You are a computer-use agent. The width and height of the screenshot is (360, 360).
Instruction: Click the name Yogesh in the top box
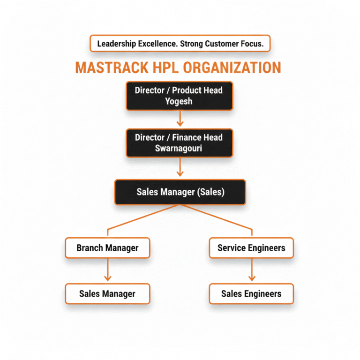click(x=179, y=101)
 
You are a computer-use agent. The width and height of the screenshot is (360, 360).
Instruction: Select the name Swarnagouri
click(x=179, y=149)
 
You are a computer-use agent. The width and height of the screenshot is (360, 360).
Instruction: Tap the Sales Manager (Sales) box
click(x=180, y=192)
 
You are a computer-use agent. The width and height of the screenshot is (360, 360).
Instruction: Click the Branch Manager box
click(x=107, y=247)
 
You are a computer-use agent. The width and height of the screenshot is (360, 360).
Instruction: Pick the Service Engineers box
click(x=251, y=247)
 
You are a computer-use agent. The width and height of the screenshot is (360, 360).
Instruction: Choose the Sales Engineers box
click(x=251, y=294)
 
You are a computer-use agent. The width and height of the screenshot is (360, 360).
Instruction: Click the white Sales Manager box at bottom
click(x=107, y=294)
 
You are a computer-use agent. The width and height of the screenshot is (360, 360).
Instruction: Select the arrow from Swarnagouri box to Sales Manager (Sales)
click(x=179, y=168)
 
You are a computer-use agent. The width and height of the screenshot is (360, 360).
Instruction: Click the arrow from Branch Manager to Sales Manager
click(x=107, y=270)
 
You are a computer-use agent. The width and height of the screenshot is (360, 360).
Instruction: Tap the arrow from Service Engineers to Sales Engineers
click(x=251, y=270)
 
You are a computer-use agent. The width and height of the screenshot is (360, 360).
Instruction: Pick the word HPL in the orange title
click(x=164, y=67)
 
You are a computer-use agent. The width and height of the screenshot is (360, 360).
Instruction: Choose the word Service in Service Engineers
click(x=232, y=247)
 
